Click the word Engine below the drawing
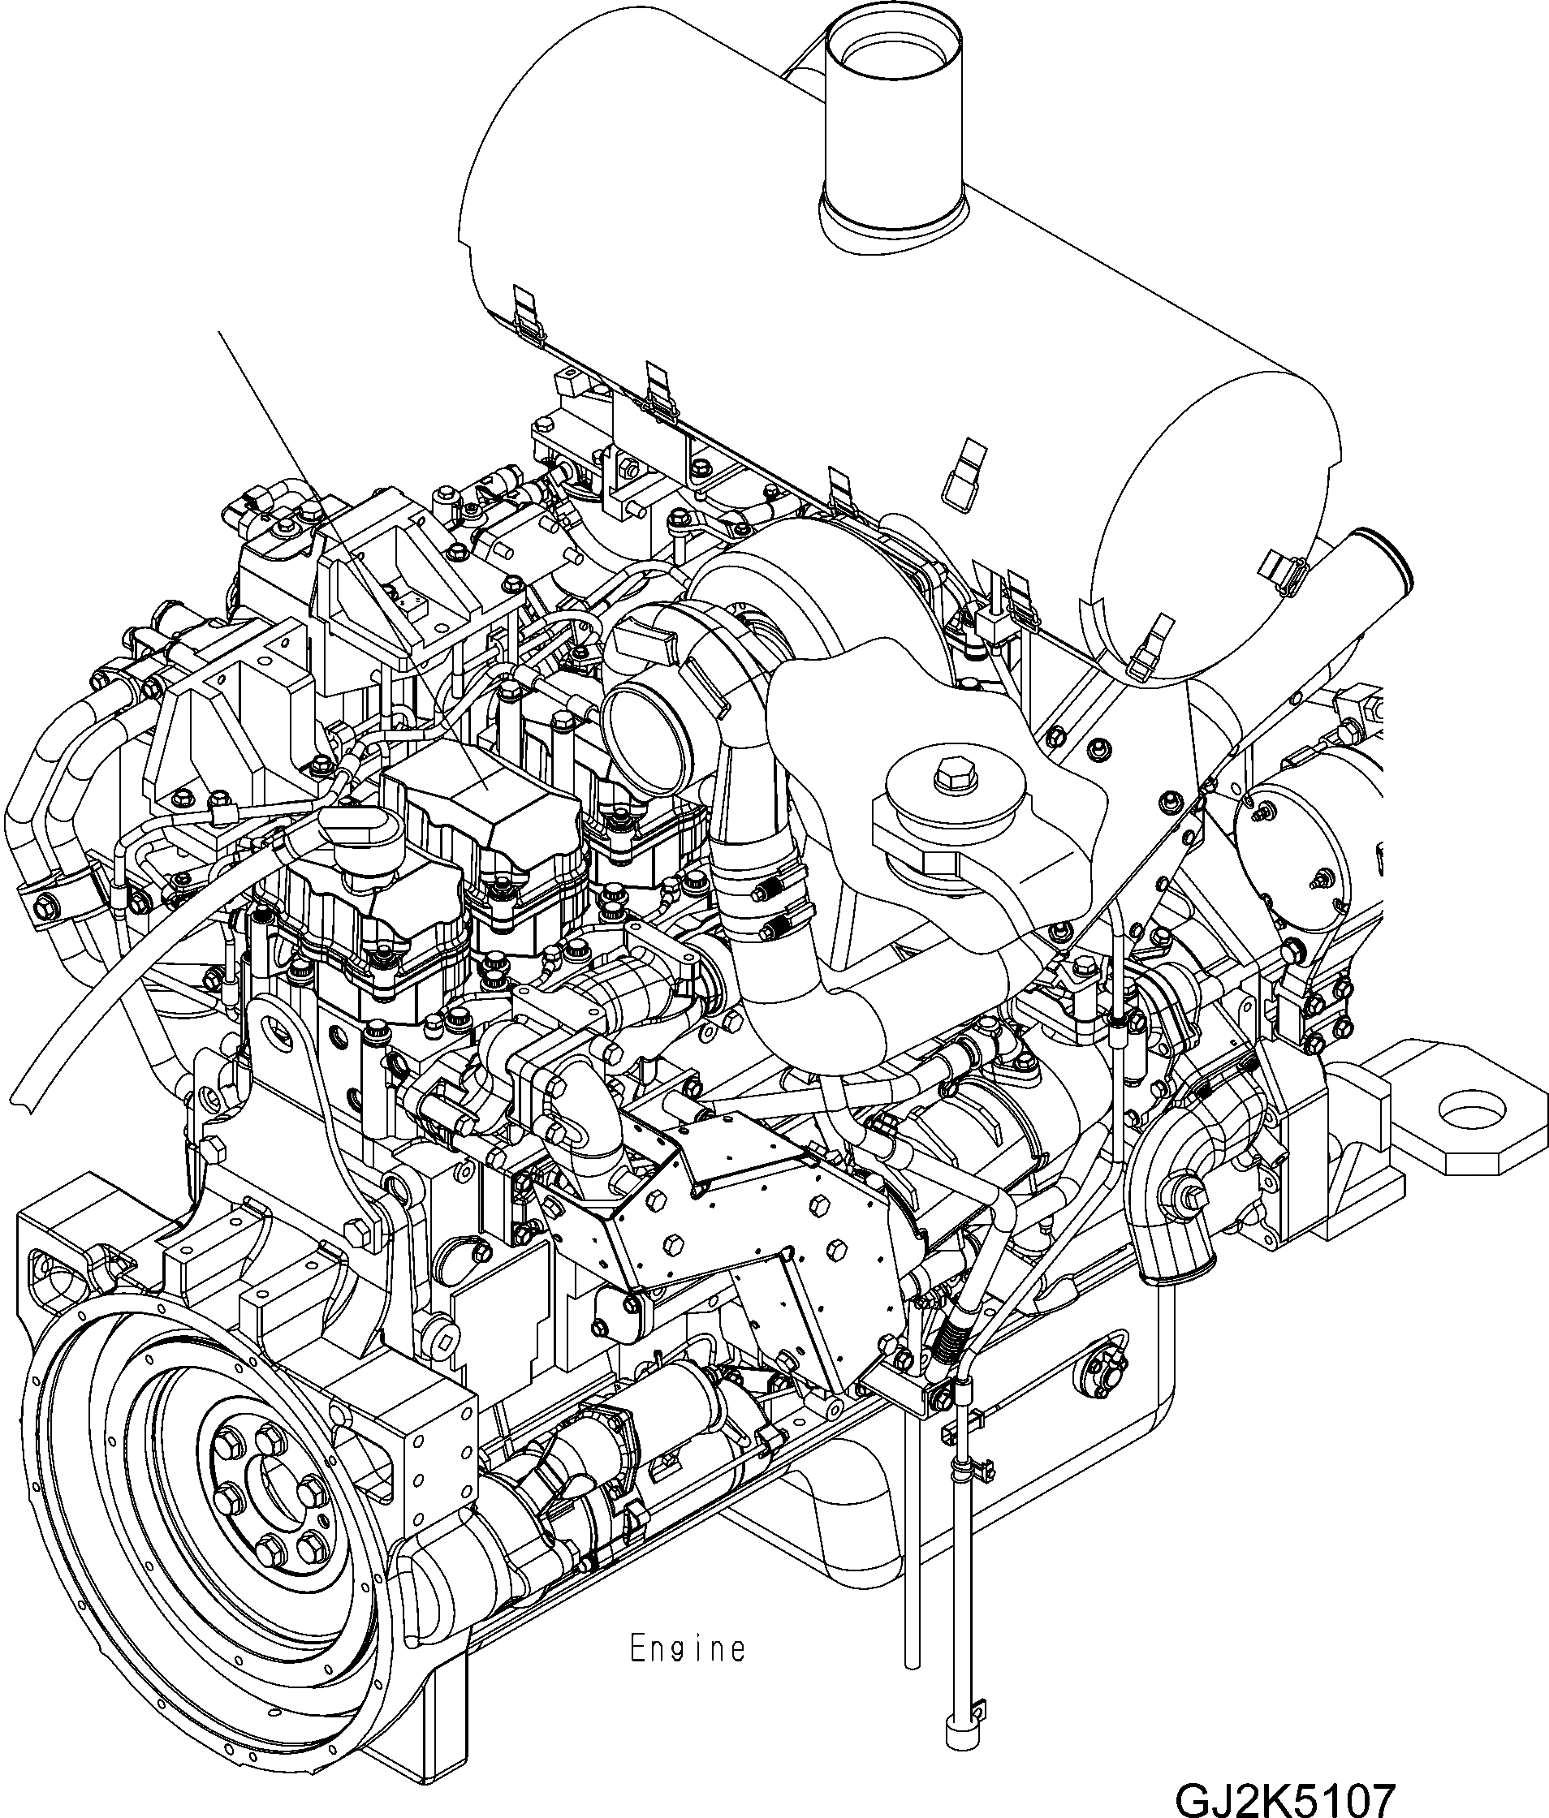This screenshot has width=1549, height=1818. (x=687, y=1648)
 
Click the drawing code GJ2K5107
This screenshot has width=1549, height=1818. (x=1284, y=1796)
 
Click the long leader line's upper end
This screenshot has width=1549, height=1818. (x=219, y=333)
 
